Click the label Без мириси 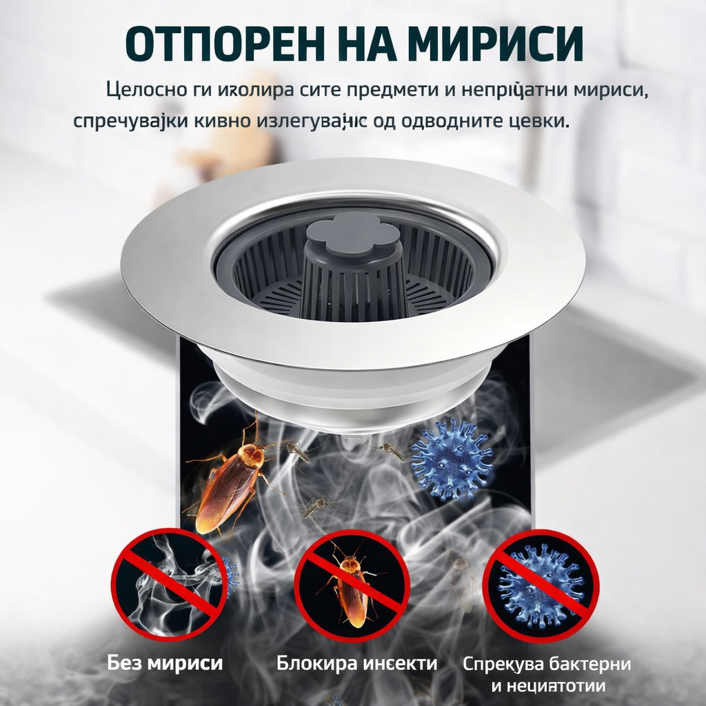pos(165,663)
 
